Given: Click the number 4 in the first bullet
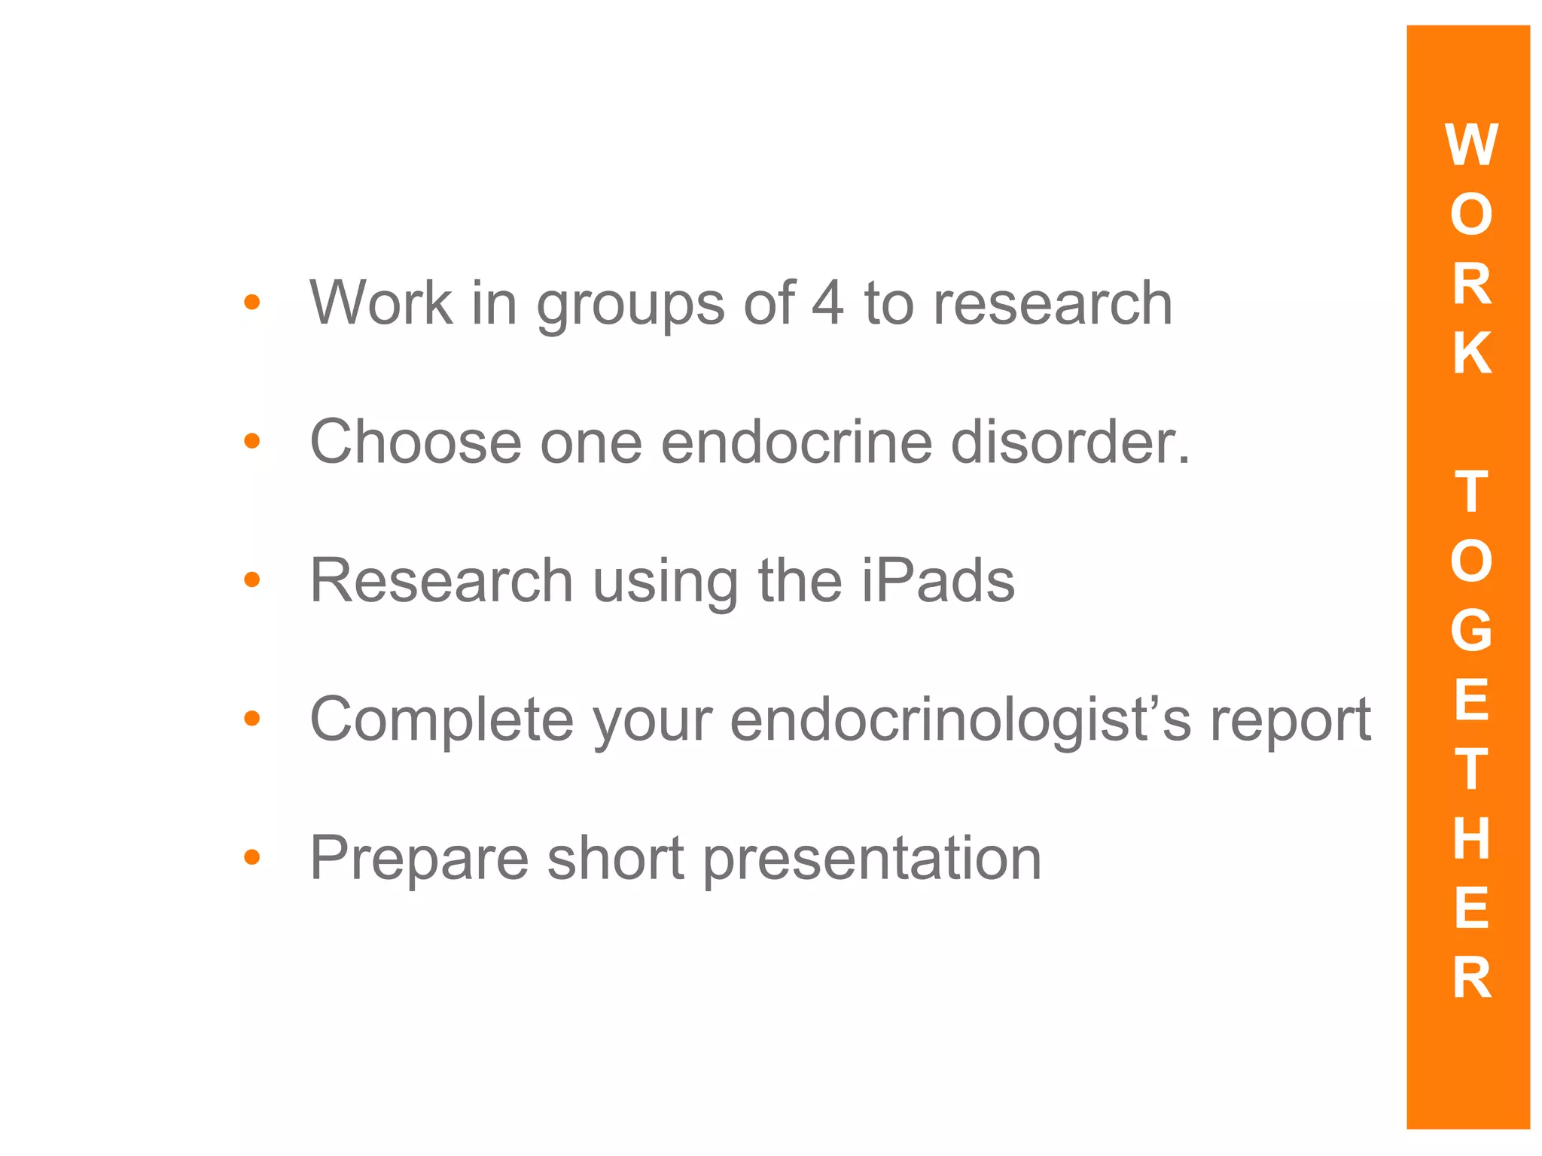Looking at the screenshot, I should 827,303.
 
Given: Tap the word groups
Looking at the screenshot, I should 630,305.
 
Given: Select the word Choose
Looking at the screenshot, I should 416,442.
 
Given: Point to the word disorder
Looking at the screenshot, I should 1069,442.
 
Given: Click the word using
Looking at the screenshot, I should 665,583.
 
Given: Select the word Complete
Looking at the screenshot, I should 441,720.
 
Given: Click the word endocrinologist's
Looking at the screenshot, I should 961,720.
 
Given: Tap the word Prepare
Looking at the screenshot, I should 419,859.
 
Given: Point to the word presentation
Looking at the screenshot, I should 872,859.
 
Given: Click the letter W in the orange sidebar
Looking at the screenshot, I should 1471,144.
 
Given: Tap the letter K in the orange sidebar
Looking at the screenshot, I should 1471,352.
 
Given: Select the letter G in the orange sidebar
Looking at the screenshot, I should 1471,630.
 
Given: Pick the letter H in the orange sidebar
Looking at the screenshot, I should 1471,838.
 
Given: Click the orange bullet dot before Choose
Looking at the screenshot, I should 252,441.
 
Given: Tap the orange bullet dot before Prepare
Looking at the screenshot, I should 252,856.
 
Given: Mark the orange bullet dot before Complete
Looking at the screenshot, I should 252,719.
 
